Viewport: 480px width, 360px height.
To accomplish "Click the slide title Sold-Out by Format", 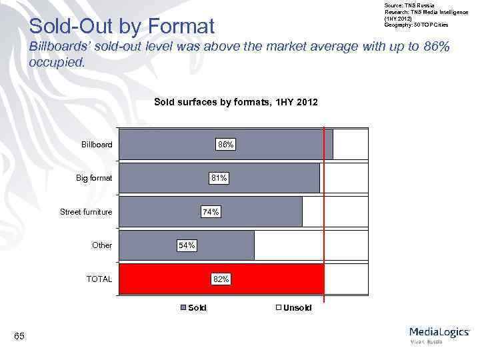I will point(122,27).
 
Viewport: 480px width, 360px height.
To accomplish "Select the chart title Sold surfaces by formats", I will point(236,102).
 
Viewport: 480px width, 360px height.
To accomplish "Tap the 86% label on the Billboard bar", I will point(225,144).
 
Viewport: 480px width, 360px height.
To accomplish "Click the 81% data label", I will point(219,178).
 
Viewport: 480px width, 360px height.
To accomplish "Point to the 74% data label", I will point(211,211).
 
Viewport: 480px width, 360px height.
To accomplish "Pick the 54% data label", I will point(187,245).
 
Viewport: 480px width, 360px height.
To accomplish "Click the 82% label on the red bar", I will point(221,279).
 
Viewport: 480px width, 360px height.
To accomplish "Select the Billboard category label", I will point(97,144).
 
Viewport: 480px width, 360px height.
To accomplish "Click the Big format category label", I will point(94,178).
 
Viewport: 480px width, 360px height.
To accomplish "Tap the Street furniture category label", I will point(86,212).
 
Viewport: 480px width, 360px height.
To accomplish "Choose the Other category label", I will point(102,245).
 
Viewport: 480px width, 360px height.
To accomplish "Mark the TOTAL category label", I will point(99,279).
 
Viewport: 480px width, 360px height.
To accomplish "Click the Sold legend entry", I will point(195,307).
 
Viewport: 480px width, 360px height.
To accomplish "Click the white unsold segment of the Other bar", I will point(310,245).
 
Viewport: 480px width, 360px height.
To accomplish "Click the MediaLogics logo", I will point(439,334).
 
